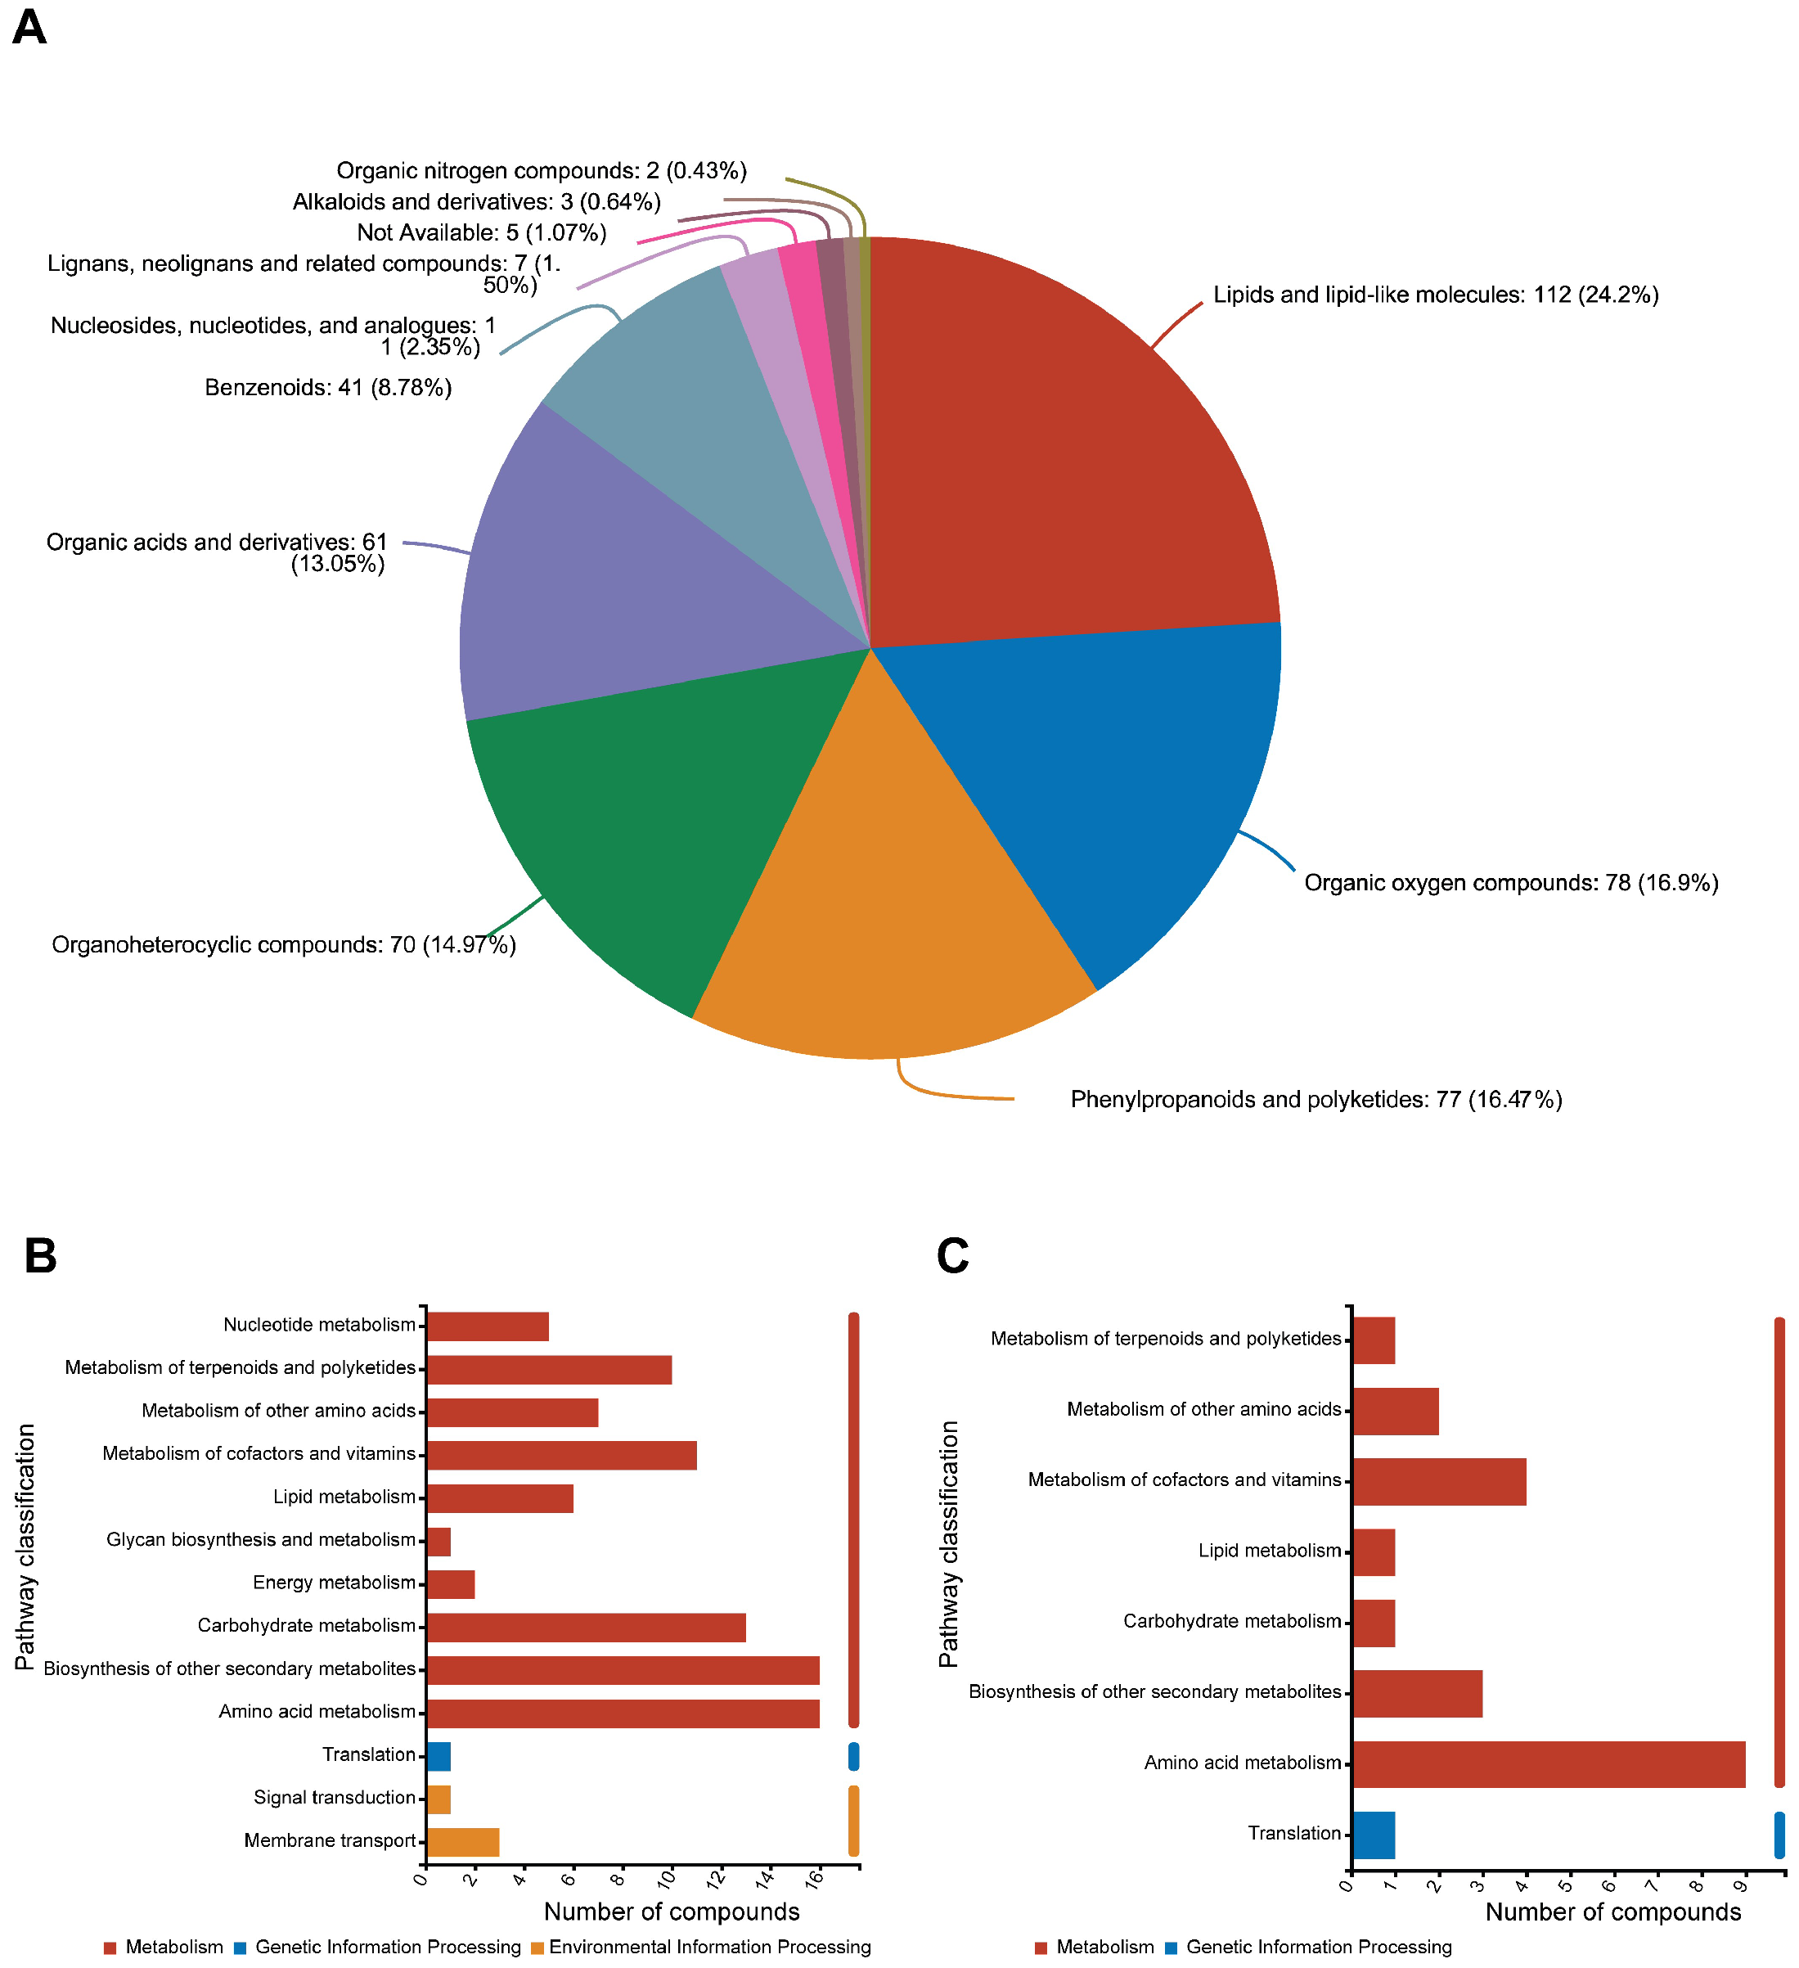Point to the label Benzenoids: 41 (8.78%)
pyautogui.click(x=328, y=388)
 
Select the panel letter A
pyautogui.click(x=29, y=27)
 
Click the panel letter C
pyautogui.click(x=951, y=1255)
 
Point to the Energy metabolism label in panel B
pyautogui.click(x=334, y=1583)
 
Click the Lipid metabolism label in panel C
pyautogui.click(x=1269, y=1550)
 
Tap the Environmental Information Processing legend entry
pyautogui.click(x=708, y=1947)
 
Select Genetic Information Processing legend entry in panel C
pyautogui.click(x=1318, y=1947)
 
